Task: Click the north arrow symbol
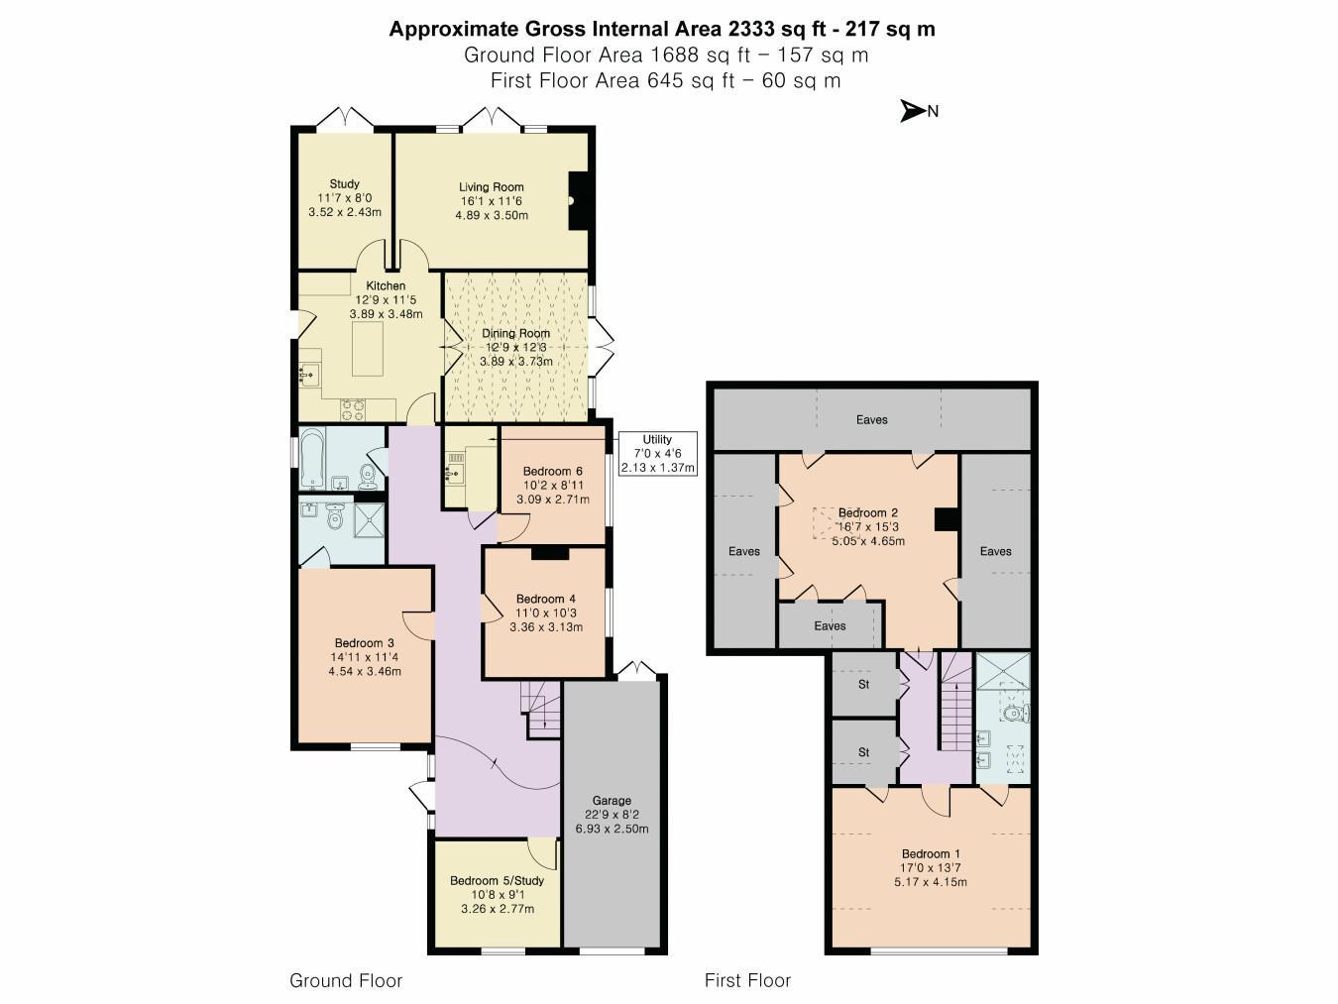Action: click(913, 111)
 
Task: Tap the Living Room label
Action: click(491, 187)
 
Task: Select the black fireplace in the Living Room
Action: click(578, 200)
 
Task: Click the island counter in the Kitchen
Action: click(368, 349)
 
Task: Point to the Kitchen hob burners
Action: click(353, 409)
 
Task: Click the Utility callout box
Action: click(657, 454)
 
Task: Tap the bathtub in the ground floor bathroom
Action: click(312, 459)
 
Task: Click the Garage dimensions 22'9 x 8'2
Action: click(612, 815)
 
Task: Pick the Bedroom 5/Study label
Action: click(497, 880)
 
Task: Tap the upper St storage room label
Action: click(864, 684)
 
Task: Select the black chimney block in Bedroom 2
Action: click(947, 519)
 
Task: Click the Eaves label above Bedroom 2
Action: click(871, 419)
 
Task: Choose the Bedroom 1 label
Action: click(926, 853)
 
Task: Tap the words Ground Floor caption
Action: click(346, 980)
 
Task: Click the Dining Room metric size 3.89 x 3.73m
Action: click(515, 362)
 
